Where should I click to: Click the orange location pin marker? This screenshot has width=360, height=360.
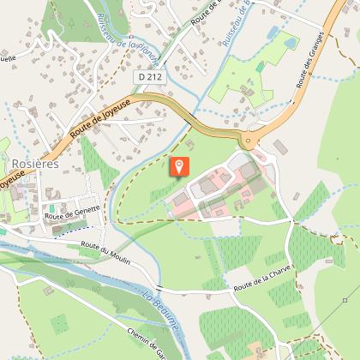point(179,166)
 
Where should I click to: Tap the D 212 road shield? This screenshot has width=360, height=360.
point(147,77)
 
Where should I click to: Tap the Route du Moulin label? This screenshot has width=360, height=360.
point(105,252)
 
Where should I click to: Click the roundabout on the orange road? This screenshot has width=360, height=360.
point(250,140)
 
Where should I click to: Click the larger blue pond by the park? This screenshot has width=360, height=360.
point(290,40)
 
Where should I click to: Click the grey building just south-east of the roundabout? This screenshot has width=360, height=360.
point(279,149)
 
